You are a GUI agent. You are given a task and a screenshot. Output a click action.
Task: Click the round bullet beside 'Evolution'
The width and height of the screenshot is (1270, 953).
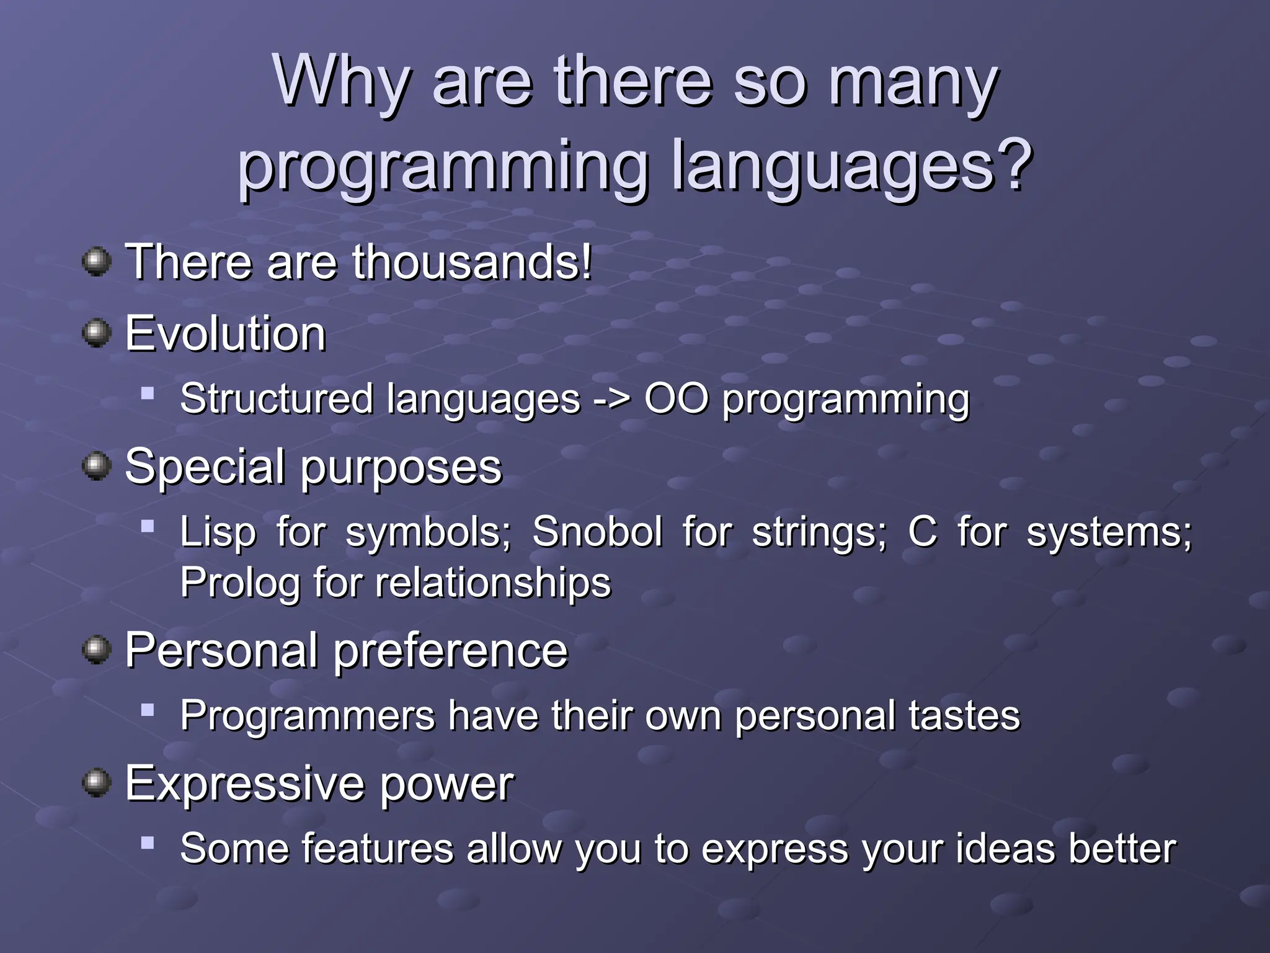tap(96, 333)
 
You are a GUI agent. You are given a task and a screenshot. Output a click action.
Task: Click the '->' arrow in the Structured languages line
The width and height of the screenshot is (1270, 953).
tap(611, 399)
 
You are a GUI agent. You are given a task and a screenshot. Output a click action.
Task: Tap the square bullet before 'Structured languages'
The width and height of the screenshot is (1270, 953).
tap(147, 393)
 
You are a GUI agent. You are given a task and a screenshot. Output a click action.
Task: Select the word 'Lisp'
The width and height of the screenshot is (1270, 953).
tap(217, 532)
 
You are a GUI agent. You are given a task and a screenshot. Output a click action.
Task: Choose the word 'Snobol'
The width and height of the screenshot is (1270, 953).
tap(597, 532)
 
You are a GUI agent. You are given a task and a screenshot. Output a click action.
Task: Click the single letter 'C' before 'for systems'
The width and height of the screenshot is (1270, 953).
tap(922, 532)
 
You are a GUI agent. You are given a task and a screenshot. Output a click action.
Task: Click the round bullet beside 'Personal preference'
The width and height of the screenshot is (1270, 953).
tap(96, 650)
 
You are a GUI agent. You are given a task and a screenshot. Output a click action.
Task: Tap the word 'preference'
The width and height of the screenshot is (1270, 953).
tap(451, 651)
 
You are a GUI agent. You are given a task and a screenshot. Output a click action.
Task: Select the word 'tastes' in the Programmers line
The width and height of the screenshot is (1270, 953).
tap(964, 715)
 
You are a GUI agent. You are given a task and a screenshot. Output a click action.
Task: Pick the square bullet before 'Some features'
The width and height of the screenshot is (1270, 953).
tap(147, 843)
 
